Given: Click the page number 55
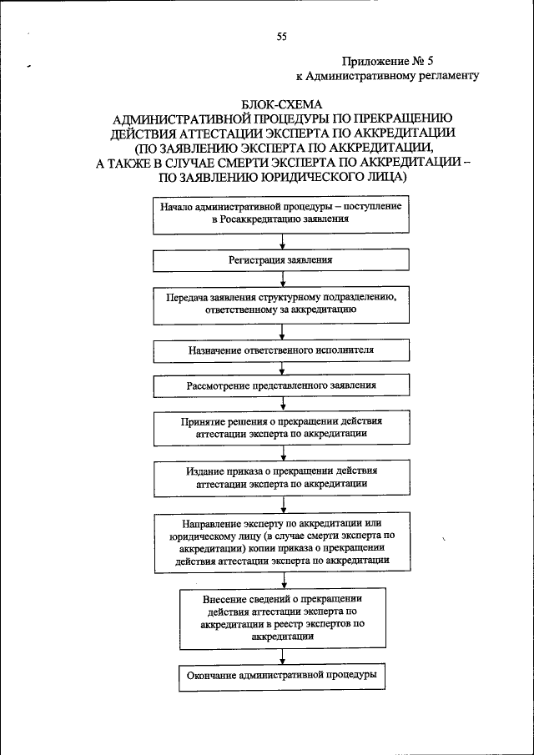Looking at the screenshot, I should (x=281, y=36).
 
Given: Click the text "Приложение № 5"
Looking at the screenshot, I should (x=388, y=61).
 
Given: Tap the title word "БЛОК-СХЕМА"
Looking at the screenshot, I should (x=281, y=103).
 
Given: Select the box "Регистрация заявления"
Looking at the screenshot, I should (x=280, y=260).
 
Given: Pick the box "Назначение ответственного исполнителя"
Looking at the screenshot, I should (x=280, y=350).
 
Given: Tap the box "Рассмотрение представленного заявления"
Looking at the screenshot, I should (x=280, y=386).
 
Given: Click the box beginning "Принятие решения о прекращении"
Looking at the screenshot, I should (x=280, y=428).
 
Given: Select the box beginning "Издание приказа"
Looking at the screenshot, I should (x=280, y=477).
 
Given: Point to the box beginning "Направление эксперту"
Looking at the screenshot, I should (x=280, y=542).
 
